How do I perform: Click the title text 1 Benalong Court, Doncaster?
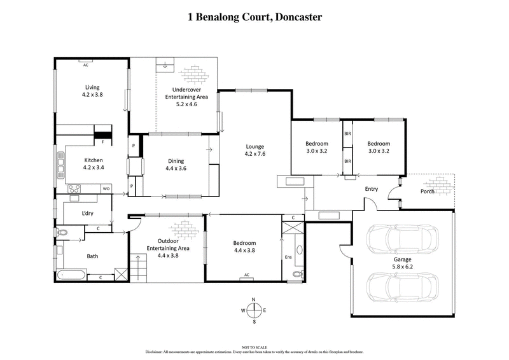(x=254, y=18)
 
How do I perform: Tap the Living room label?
(x=93, y=87)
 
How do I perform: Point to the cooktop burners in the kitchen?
(x=74, y=188)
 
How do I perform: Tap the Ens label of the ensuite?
(x=288, y=257)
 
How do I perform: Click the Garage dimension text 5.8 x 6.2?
(x=402, y=267)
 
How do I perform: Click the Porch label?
(x=427, y=191)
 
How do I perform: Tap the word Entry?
(x=371, y=189)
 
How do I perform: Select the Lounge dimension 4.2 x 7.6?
(x=254, y=154)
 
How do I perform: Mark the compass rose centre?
(x=254, y=310)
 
